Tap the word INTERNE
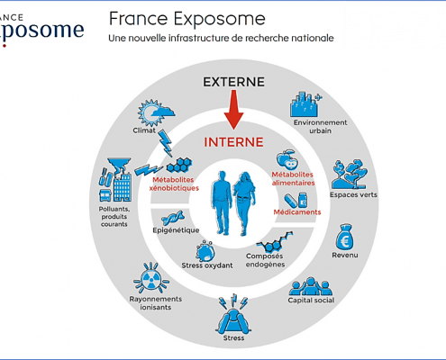pyautogui.click(x=233, y=142)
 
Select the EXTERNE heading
pyautogui.click(x=233, y=82)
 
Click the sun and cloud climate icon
pyautogui.click(x=156, y=112)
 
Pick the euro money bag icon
pyautogui.click(x=344, y=237)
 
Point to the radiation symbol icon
pyautogui.click(x=151, y=278)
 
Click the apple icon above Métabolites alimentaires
pyautogui.click(x=287, y=159)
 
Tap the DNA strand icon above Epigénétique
pyautogui.click(x=173, y=218)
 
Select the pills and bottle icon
pyautogui.click(x=296, y=200)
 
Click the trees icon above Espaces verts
pyautogui.click(x=350, y=174)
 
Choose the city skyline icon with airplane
pyautogui.click(x=305, y=104)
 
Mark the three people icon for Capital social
pyautogui.click(x=311, y=286)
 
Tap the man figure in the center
pyautogui.click(x=222, y=202)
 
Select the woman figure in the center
pyautogui.click(x=244, y=203)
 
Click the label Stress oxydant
pyautogui.click(x=207, y=265)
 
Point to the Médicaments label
pyautogui.click(x=297, y=212)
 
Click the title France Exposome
pyautogui.click(x=187, y=19)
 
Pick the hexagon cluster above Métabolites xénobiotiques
pyautogui.click(x=179, y=166)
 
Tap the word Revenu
pyautogui.click(x=345, y=255)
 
